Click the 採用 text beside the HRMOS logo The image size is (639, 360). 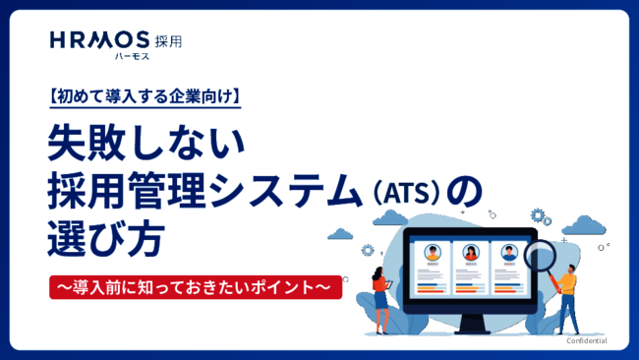pyautogui.click(x=168, y=41)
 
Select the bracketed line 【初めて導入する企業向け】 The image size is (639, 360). pyautogui.click(x=144, y=97)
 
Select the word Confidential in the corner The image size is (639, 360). pyautogui.click(x=586, y=340)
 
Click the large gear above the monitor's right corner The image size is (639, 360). pyautogui.click(x=539, y=214)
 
